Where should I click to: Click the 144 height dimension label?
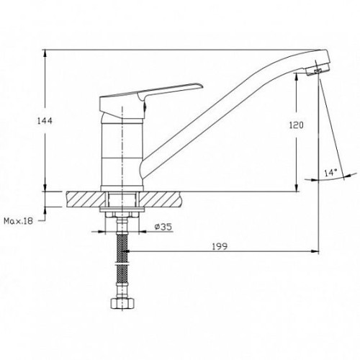coord(45,121)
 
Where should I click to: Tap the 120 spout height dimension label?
coord(296,125)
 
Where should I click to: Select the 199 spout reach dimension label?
coord(220,246)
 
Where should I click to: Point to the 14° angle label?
coord(330,172)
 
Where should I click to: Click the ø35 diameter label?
coord(163,227)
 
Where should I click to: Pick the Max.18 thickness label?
coord(18,221)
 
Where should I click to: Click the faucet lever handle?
coord(151,96)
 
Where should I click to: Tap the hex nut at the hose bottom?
coord(122,303)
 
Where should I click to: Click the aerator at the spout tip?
coord(318,70)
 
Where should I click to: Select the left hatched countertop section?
coord(86,199)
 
